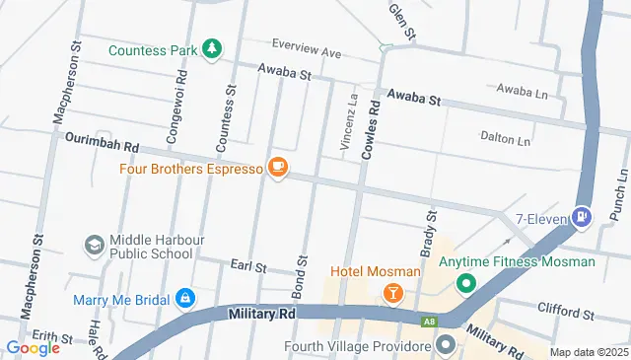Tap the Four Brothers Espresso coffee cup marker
(x=277, y=169)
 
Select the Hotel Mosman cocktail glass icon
(x=392, y=293)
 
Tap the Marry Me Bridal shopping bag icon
(x=184, y=297)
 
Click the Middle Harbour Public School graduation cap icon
(x=95, y=245)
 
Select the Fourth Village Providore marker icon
(x=445, y=345)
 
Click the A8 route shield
(x=429, y=321)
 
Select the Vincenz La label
(x=348, y=122)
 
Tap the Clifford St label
(x=568, y=314)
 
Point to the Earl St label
(x=248, y=266)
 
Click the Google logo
(x=34, y=347)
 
